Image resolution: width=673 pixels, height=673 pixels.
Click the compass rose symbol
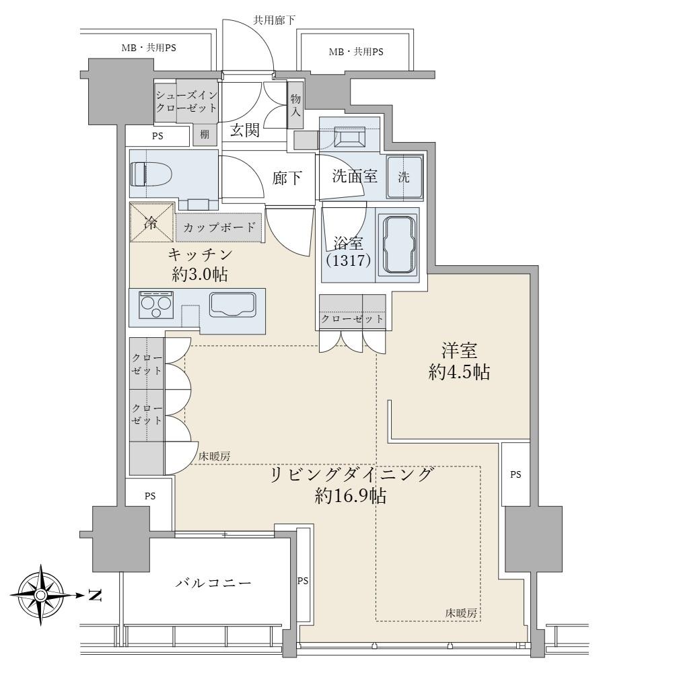41,595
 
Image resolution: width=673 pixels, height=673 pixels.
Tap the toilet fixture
151,174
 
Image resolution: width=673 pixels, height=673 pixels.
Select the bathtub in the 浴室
400,245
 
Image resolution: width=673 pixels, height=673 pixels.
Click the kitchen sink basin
233,305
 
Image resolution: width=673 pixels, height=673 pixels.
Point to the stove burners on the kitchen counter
156,305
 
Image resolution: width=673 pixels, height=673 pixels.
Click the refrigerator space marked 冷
152,222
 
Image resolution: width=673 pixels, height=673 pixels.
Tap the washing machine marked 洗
404,177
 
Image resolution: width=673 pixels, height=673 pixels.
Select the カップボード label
219,227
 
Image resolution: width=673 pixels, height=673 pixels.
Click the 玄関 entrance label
245,130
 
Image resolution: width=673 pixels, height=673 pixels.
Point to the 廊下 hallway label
287,178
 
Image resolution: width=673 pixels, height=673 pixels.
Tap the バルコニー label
213,583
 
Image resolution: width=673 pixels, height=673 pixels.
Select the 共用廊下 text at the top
274,20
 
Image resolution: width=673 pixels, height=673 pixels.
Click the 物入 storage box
295,105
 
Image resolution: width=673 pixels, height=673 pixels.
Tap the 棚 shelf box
205,135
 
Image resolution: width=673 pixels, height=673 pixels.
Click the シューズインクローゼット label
186,101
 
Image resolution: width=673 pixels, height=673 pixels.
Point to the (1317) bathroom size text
348,260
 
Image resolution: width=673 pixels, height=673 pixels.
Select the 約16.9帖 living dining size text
350,496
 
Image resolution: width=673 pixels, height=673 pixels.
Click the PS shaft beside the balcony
303,581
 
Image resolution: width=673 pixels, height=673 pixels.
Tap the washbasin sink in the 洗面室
349,137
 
